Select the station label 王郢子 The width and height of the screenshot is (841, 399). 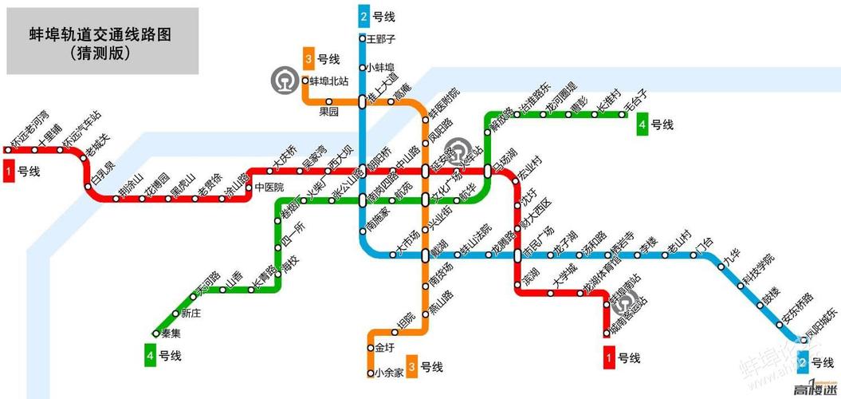click(381, 38)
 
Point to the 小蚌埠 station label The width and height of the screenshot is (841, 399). click(381, 68)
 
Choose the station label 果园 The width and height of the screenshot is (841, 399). click(328, 111)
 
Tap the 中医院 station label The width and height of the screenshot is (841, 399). click(269, 188)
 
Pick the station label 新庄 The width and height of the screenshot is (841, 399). click(191, 313)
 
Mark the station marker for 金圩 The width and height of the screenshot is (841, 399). click(371, 348)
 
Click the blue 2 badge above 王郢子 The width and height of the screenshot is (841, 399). click(364, 16)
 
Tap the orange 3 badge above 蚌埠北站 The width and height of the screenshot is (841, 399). click(308, 58)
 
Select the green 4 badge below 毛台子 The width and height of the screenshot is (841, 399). click(643, 124)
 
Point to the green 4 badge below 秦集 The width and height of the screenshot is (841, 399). click(150, 355)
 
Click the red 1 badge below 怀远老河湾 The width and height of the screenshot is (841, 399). click(9, 171)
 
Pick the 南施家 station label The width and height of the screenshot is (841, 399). click(375, 221)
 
